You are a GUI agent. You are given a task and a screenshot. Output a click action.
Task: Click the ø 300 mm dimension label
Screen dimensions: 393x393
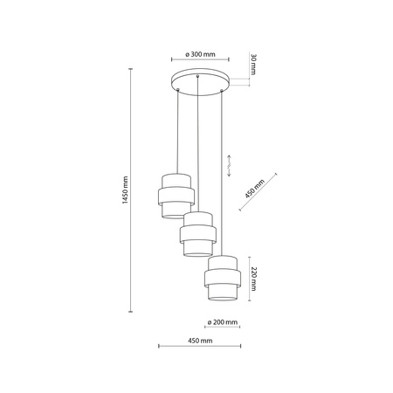click(200, 54)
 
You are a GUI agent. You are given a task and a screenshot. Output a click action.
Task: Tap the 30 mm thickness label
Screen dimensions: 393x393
click(253, 65)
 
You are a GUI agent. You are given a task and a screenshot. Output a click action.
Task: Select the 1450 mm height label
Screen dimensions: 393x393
click(125, 190)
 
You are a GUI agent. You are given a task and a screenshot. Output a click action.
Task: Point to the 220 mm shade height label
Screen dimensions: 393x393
click(253, 279)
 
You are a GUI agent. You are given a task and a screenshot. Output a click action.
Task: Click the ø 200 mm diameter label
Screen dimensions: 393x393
click(223, 322)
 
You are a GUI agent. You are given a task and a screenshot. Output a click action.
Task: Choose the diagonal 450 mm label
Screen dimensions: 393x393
click(255, 189)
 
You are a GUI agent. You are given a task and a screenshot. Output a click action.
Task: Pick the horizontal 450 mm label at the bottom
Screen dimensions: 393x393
click(200, 341)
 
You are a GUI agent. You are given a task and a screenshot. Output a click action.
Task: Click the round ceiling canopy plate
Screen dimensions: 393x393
click(200, 82)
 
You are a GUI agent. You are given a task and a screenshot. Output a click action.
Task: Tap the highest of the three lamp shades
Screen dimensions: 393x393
click(176, 196)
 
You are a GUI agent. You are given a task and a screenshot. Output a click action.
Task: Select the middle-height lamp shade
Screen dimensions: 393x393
click(198, 234)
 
